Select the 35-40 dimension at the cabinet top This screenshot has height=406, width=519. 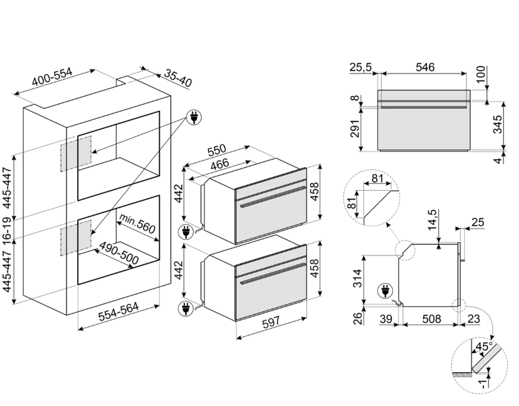click(178, 78)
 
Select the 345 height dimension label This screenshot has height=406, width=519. click(497, 125)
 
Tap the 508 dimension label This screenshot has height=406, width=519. click(430, 319)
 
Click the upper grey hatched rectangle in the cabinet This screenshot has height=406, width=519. click(76, 153)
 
